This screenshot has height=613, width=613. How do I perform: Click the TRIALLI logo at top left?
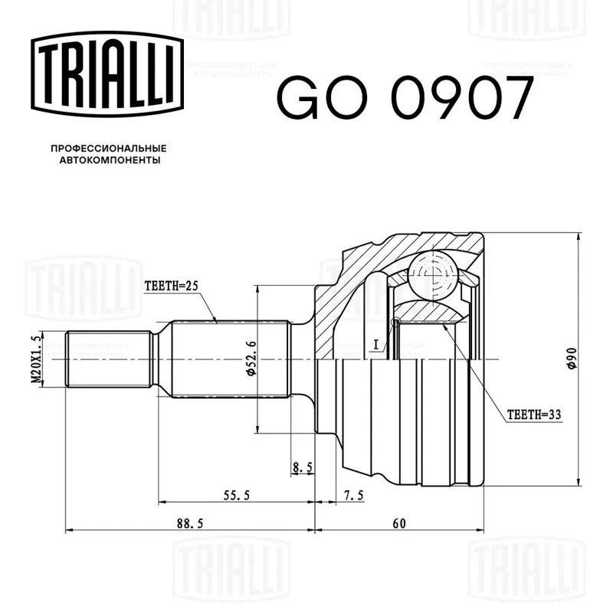click(107, 75)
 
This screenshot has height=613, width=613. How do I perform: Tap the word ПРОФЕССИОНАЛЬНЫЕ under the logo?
click(108, 147)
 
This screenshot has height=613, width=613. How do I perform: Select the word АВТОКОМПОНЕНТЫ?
click(108, 161)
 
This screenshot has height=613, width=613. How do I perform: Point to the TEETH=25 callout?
click(171, 286)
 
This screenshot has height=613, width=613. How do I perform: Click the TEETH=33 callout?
click(534, 415)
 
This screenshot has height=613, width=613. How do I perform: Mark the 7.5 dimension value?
click(353, 496)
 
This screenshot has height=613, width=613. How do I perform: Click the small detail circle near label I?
click(396, 323)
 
